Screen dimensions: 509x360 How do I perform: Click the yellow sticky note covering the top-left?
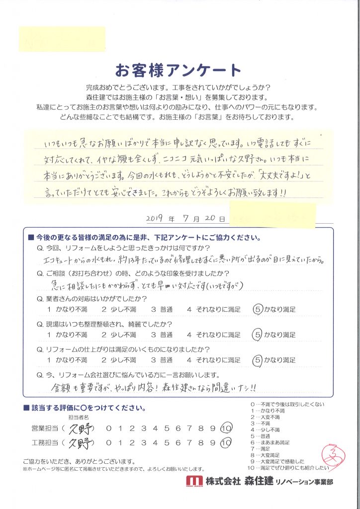pos(62,39)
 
